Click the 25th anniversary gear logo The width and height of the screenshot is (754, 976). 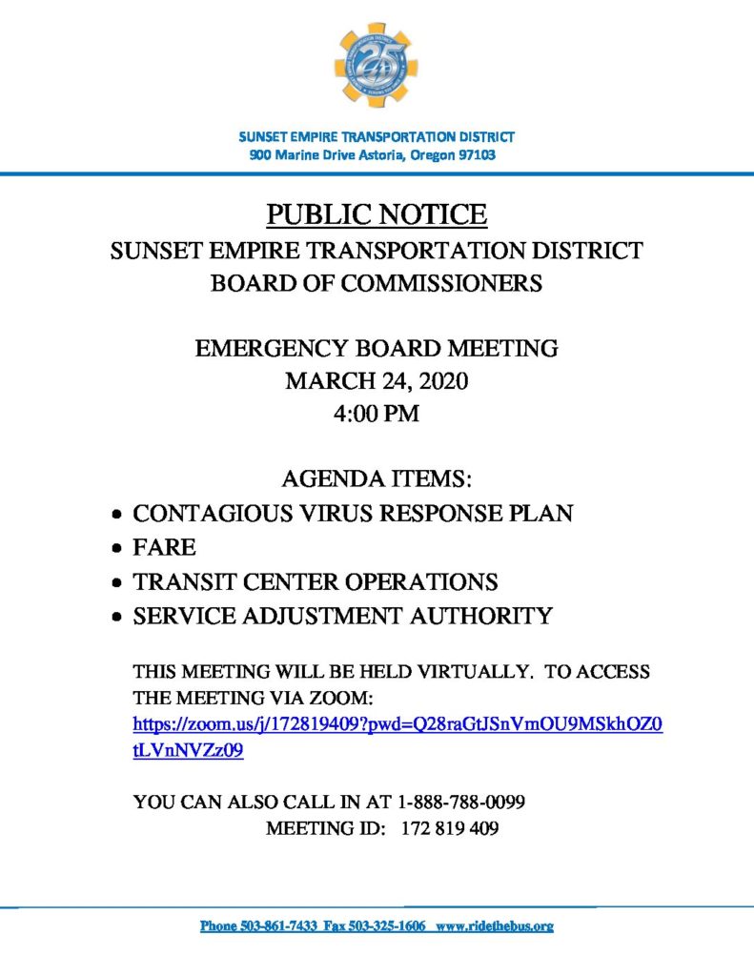point(376,65)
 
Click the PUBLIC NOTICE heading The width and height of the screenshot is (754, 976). point(377,214)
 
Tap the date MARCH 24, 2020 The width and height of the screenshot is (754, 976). point(377,381)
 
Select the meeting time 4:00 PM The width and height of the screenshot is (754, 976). point(377,415)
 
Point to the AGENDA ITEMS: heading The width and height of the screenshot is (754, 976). point(377,478)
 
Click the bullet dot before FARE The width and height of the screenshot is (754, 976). point(116,549)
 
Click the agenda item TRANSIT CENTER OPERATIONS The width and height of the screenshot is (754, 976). point(316,581)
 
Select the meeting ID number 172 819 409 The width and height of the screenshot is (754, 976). point(450,828)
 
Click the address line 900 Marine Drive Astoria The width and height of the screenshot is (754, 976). point(372,154)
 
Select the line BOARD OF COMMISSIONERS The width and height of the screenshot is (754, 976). point(377,283)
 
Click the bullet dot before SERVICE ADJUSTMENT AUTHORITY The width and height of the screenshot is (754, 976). point(116,618)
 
